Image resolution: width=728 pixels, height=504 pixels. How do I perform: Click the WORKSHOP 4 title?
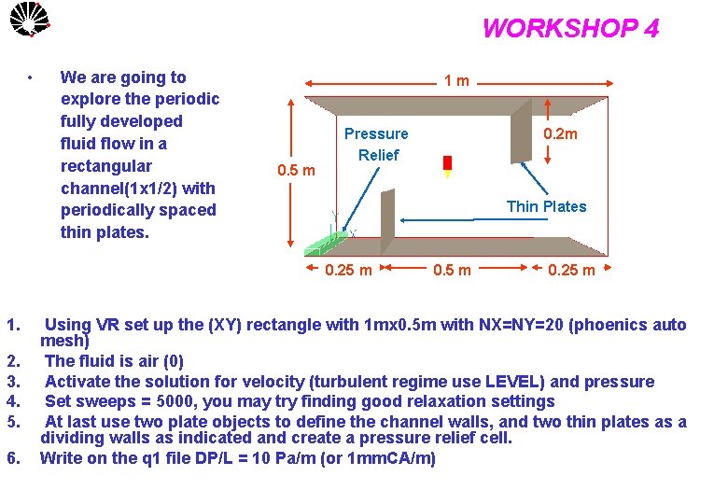(570, 29)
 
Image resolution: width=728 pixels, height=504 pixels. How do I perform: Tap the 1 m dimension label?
(456, 81)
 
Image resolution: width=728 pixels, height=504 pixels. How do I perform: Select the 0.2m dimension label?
(560, 133)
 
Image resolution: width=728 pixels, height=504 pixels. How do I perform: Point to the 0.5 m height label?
(296, 171)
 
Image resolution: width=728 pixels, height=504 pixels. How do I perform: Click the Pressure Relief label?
(376, 145)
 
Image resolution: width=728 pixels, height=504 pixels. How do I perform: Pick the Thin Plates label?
(546, 206)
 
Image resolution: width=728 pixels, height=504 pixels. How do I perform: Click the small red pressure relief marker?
(447, 164)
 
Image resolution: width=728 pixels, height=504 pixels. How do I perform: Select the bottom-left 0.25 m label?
(348, 271)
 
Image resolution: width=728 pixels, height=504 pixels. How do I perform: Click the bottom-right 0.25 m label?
(570, 271)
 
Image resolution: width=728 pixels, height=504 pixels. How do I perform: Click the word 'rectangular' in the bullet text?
(105, 166)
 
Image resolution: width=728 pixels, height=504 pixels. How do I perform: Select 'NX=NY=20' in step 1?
(519, 326)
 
